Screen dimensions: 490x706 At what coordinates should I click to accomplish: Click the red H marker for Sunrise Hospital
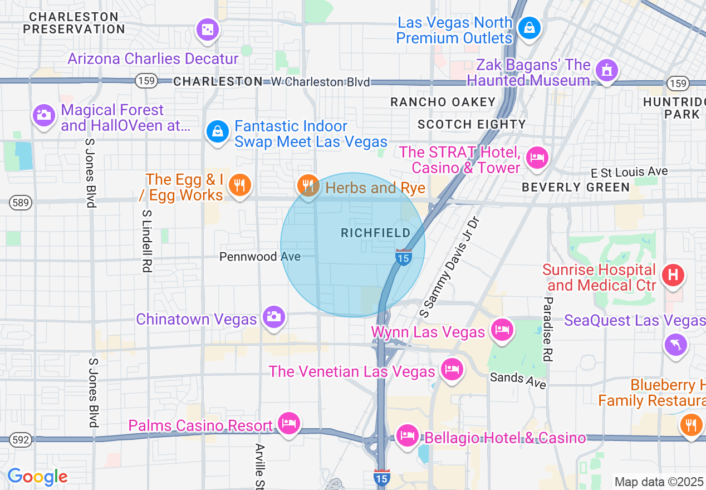click(x=673, y=274)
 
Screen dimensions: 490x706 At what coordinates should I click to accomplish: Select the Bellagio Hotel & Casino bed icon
click(x=408, y=435)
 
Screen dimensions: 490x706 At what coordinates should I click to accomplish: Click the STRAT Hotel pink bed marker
click(x=537, y=157)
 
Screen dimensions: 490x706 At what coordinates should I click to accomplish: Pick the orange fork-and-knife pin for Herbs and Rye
click(x=307, y=185)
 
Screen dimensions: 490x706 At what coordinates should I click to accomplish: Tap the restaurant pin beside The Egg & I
click(x=240, y=184)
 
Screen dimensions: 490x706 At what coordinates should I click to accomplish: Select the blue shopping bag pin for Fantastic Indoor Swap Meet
click(x=217, y=132)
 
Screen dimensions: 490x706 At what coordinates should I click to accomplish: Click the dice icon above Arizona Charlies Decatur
click(x=207, y=29)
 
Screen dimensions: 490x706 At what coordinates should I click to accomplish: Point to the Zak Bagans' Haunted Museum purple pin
click(x=606, y=70)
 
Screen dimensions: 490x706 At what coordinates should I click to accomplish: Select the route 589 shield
click(x=20, y=203)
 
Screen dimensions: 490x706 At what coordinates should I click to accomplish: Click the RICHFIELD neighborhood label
click(x=376, y=233)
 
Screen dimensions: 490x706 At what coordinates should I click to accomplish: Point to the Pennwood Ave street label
click(x=260, y=257)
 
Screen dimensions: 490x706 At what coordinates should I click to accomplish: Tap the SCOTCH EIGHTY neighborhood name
click(x=472, y=124)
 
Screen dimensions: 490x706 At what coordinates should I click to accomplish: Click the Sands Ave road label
click(x=518, y=380)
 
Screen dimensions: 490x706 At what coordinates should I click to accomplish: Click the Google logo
click(x=37, y=477)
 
